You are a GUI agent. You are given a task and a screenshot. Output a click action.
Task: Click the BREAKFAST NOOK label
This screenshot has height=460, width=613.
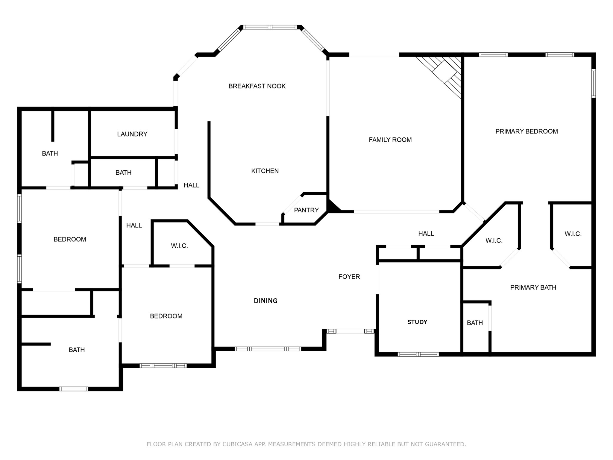click(x=257, y=86)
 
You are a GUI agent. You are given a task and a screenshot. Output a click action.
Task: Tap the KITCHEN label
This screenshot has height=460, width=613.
click(x=265, y=171)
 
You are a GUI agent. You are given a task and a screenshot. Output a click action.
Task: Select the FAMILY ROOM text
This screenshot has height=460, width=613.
click(x=390, y=140)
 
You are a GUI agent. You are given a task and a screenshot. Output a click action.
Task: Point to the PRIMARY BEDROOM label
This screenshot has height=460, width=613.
click(x=526, y=131)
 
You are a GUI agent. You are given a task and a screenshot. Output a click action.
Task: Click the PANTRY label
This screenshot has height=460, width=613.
click(x=306, y=210)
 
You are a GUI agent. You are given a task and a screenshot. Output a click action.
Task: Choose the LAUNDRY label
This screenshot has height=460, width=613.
click(x=132, y=134)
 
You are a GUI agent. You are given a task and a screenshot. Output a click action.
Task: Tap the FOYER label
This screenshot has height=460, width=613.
click(x=349, y=277)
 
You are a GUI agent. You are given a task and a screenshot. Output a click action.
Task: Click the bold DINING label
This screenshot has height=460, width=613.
click(x=265, y=301)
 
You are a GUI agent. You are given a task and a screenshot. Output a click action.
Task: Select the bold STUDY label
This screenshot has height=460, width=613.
click(x=417, y=322)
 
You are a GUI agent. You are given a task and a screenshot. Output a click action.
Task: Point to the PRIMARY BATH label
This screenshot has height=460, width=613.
click(x=533, y=287)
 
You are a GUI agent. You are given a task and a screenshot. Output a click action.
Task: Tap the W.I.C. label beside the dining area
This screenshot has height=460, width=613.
click(x=179, y=246)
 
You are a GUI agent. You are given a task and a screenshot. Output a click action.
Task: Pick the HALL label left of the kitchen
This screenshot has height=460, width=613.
click(x=191, y=185)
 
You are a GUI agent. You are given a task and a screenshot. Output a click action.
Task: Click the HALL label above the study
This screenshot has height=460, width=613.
click(x=426, y=234)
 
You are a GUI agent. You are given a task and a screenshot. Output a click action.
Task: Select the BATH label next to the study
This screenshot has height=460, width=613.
click(x=475, y=323)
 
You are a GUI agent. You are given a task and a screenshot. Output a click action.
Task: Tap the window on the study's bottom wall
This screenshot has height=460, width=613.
click(x=418, y=354)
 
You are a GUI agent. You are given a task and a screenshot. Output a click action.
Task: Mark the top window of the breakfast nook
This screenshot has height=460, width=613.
click(x=270, y=27)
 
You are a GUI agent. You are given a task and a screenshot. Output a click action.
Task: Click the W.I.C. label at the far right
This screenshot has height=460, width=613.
click(x=573, y=234)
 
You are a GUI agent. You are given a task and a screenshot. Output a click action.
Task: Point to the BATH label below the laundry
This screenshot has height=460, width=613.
click(x=123, y=173)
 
